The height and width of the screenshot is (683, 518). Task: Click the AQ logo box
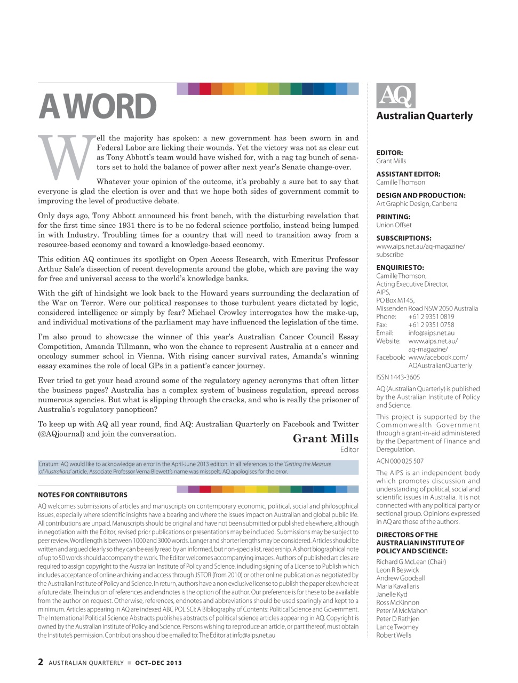(395, 96)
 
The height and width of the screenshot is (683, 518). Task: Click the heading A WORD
(98, 107)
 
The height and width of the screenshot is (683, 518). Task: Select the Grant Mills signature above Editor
(325, 439)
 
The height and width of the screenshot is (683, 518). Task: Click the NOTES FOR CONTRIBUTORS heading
(83, 495)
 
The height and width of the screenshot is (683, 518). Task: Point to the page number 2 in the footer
(41, 662)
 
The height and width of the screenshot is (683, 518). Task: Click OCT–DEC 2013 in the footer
(158, 663)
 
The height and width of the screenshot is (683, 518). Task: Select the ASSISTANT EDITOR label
(408, 174)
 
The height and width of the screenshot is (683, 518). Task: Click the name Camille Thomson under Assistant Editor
(401, 182)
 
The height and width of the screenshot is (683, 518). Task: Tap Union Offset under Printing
(394, 225)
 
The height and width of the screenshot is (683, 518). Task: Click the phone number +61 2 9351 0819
(431, 316)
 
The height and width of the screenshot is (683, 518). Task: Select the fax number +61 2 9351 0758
(431, 324)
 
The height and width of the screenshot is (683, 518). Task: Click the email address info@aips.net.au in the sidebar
(431, 333)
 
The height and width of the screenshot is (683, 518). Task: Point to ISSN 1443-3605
(398, 377)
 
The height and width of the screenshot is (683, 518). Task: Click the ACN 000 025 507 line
(400, 461)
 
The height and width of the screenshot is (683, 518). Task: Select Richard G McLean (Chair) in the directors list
(411, 562)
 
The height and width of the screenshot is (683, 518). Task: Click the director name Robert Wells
(394, 635)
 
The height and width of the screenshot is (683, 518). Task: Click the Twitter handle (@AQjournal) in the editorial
(61, 434)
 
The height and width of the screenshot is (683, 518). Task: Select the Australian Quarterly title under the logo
(425, 116)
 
